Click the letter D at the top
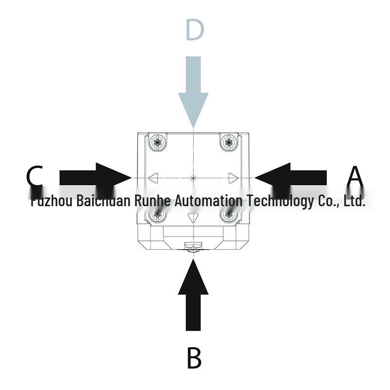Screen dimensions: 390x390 (x=195, y=30)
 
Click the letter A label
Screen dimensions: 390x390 (x=355, y=177)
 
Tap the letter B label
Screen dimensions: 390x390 (x=194, y=358)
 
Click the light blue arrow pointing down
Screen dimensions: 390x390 (x=193, y=92)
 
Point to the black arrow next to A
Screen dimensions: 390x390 (x=291, y=177)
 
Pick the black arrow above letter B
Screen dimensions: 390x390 (x=193, y=295)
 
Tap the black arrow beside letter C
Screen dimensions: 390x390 (x=95, y=177)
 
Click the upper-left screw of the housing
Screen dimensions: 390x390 (x=157, y=142)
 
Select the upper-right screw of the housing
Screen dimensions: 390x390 (x=229, y=142)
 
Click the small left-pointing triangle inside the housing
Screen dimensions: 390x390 (x=153, y=178)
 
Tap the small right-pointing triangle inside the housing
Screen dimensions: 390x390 (x=234, y=178)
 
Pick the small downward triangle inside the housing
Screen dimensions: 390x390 (x=193, y=218)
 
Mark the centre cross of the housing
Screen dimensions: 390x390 (x=193, y=178)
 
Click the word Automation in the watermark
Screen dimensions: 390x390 (x=208, y=200)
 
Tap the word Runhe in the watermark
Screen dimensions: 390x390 (x=153, y=200)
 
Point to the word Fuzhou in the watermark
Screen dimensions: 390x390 (x=52, y=200)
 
